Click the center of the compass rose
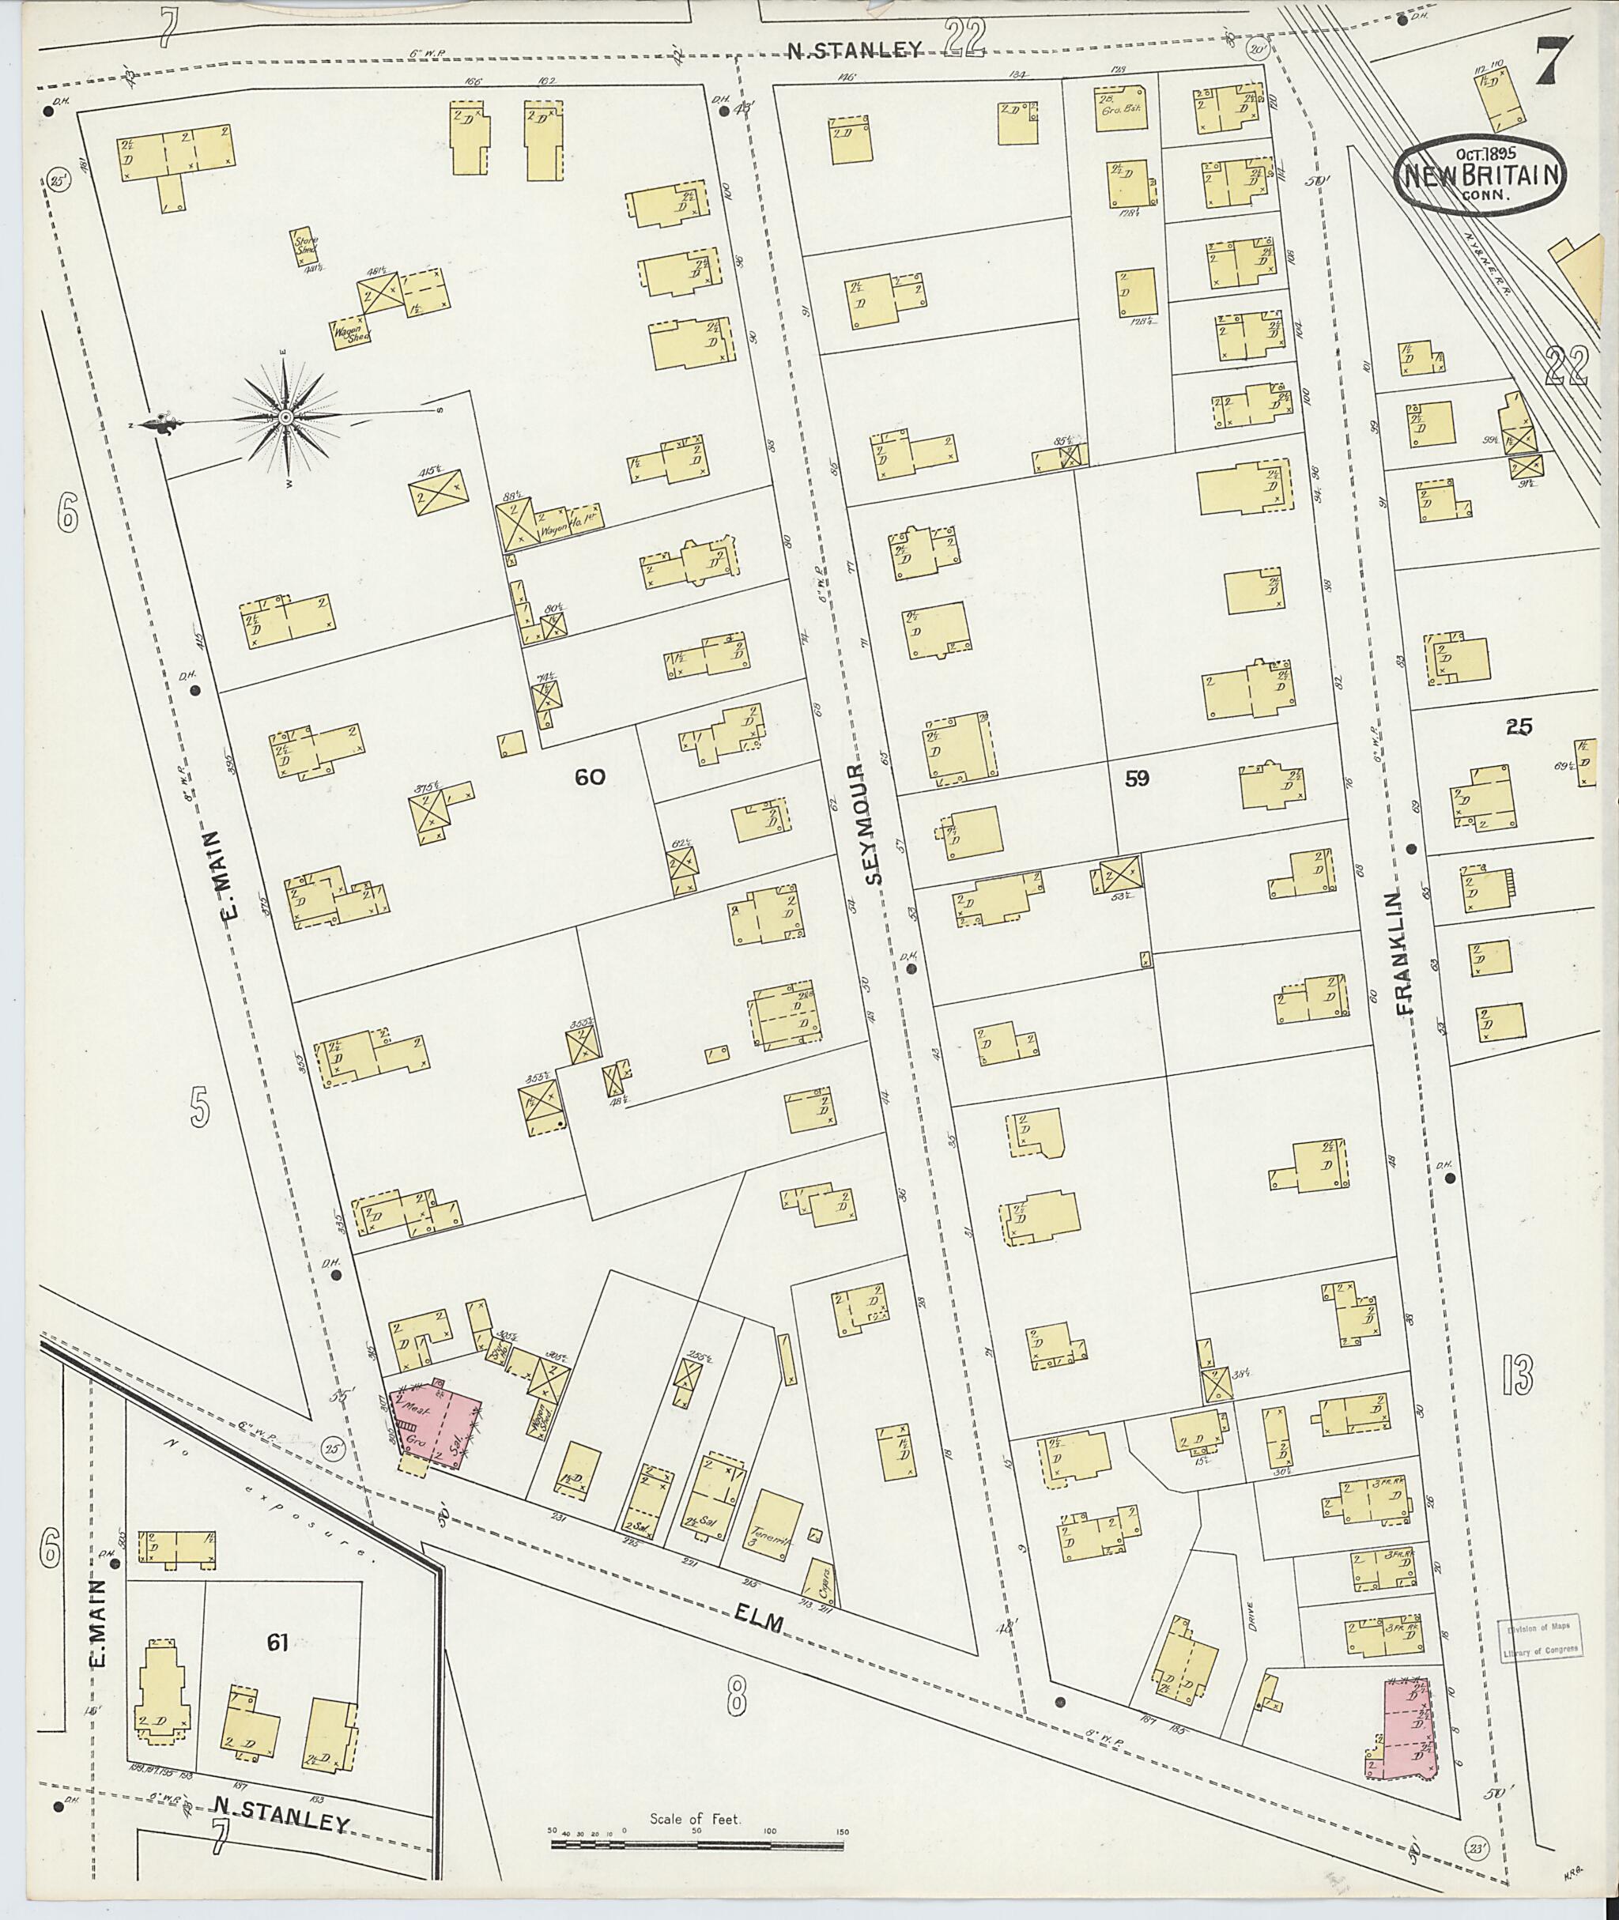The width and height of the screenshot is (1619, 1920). point(285,418)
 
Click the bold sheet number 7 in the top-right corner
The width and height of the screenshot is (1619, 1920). point(1554,62)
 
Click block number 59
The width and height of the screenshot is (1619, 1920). point(1136,779)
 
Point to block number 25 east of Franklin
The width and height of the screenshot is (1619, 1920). point(1519,726)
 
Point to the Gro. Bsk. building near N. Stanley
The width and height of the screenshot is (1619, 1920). point(1122,109)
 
